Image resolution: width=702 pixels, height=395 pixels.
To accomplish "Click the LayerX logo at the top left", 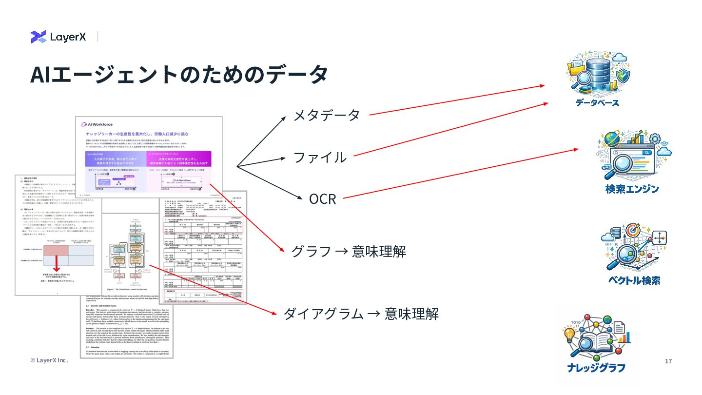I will click(58, 37).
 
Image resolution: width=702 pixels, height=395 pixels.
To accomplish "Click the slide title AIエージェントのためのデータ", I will click(178, 74).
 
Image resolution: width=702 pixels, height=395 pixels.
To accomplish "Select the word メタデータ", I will click(326, 116).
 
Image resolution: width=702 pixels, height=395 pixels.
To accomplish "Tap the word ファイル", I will click(319, 158).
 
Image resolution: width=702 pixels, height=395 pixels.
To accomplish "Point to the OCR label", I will click(322, 199).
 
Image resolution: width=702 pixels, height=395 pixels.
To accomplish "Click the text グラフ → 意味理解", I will click(348, 252).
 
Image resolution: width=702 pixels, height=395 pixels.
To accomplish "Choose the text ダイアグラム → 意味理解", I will click(361, 314).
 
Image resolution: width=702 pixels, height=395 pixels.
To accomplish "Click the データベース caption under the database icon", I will click(597, 103).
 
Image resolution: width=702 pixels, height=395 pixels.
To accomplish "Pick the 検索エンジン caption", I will click(632, 189).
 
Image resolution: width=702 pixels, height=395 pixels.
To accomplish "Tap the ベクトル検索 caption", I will click(634, 280).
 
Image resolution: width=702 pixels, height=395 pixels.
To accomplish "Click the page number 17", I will click(668, 361).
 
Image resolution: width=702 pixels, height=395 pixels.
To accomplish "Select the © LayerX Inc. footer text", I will click(49, 360).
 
